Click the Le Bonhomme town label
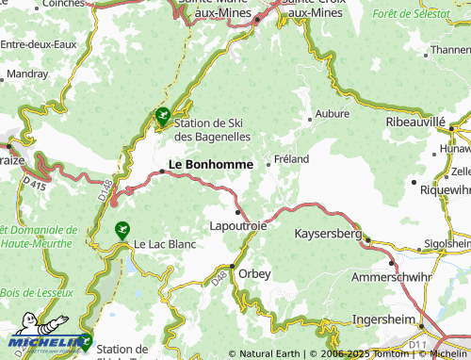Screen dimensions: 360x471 [210, 164]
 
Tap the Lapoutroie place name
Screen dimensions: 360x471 [239, 227]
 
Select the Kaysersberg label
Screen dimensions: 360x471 [328, 232]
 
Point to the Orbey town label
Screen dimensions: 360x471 [254, 273]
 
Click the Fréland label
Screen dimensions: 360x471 [291, 159]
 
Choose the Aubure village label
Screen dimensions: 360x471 [333, 113]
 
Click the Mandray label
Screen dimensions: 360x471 [27, 73]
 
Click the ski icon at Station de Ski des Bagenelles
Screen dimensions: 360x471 [162, 118]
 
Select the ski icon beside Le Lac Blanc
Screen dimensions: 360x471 [122, 229]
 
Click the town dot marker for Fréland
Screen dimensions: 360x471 [269, 164]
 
